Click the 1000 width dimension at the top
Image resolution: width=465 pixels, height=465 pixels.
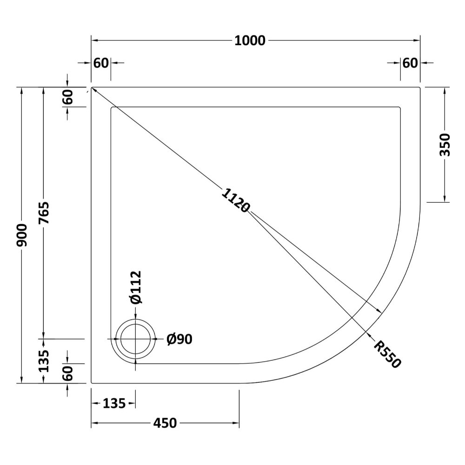point(250,40)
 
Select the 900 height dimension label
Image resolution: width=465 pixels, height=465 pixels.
point(22,235)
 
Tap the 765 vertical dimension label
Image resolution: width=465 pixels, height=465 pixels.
point(44,213)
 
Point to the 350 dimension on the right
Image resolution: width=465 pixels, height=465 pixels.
point(445,145)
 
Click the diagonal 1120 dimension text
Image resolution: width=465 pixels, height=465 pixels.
point(236,200)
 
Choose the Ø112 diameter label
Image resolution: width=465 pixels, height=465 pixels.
point(136,287)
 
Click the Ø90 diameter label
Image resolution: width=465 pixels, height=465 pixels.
point(179,339)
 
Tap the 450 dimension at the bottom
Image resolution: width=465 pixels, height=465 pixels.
point(165,423)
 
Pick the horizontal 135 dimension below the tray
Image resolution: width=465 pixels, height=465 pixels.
point(114,403)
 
